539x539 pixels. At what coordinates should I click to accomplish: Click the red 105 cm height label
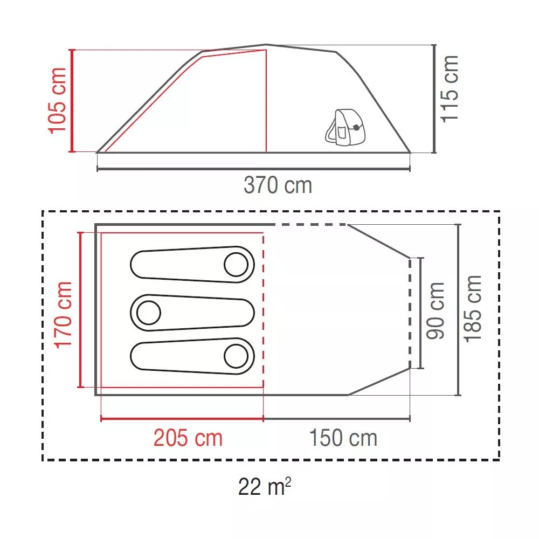tap(57, 101)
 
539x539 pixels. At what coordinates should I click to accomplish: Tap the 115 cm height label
tap(450, 89)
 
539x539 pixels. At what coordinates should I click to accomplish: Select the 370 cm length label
tap(278, 185)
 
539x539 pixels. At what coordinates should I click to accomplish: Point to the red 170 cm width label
tap(63, 315)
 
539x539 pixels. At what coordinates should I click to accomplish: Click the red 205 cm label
tap(188, 438)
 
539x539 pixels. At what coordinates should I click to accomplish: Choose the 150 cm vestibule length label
tap(343, 438)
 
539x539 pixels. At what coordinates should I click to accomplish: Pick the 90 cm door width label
tap(435, 311)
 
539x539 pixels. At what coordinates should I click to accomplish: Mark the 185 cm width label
tap(473, 309)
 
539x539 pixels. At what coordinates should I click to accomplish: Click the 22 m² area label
tap(264, 486)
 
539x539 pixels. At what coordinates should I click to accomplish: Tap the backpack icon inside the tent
tap(345, 128)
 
